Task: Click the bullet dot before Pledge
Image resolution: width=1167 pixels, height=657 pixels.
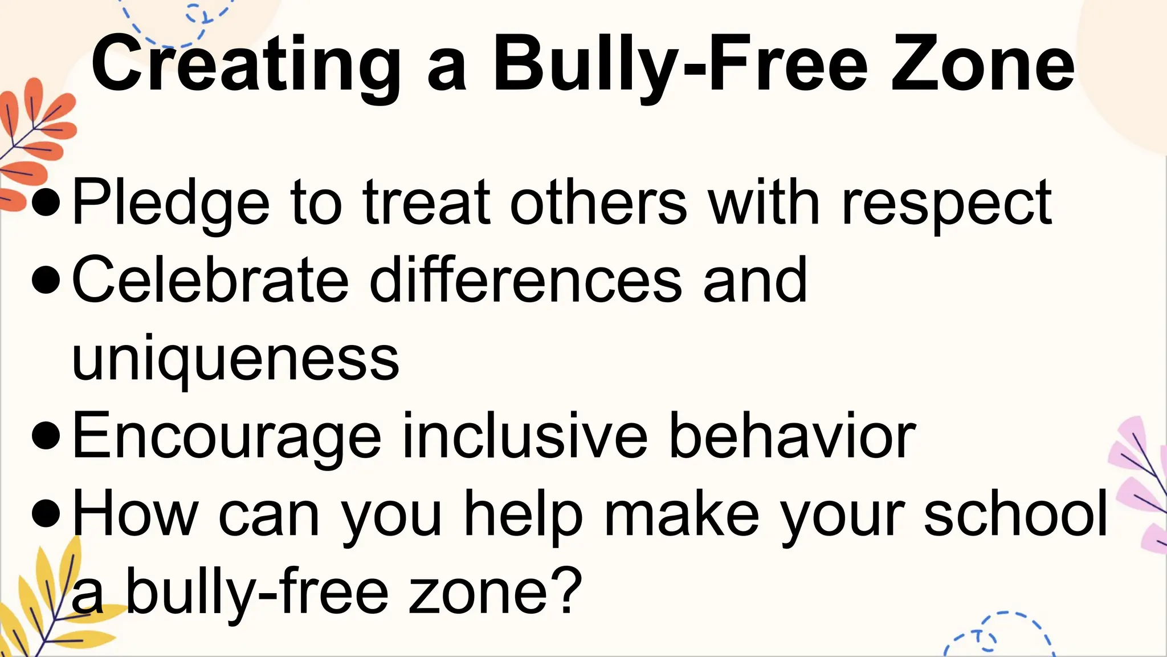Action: tap(46, 203)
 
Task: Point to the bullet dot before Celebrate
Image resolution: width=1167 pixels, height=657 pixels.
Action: tap(46, 281)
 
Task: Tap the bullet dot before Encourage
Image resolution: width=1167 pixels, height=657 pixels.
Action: tap(46, 436)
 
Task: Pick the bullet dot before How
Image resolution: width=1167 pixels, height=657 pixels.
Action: tap(46, 514)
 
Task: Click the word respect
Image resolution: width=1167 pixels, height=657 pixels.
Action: tap(946, 203)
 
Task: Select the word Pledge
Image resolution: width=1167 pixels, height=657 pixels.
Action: tap(170, 203)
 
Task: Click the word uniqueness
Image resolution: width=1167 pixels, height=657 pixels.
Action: tap(235, 359)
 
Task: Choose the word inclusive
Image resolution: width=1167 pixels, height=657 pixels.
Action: tap(525, 436)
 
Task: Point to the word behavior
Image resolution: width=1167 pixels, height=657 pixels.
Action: tap(792, 436)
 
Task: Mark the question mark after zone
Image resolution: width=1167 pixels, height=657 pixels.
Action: tap(565, 591)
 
